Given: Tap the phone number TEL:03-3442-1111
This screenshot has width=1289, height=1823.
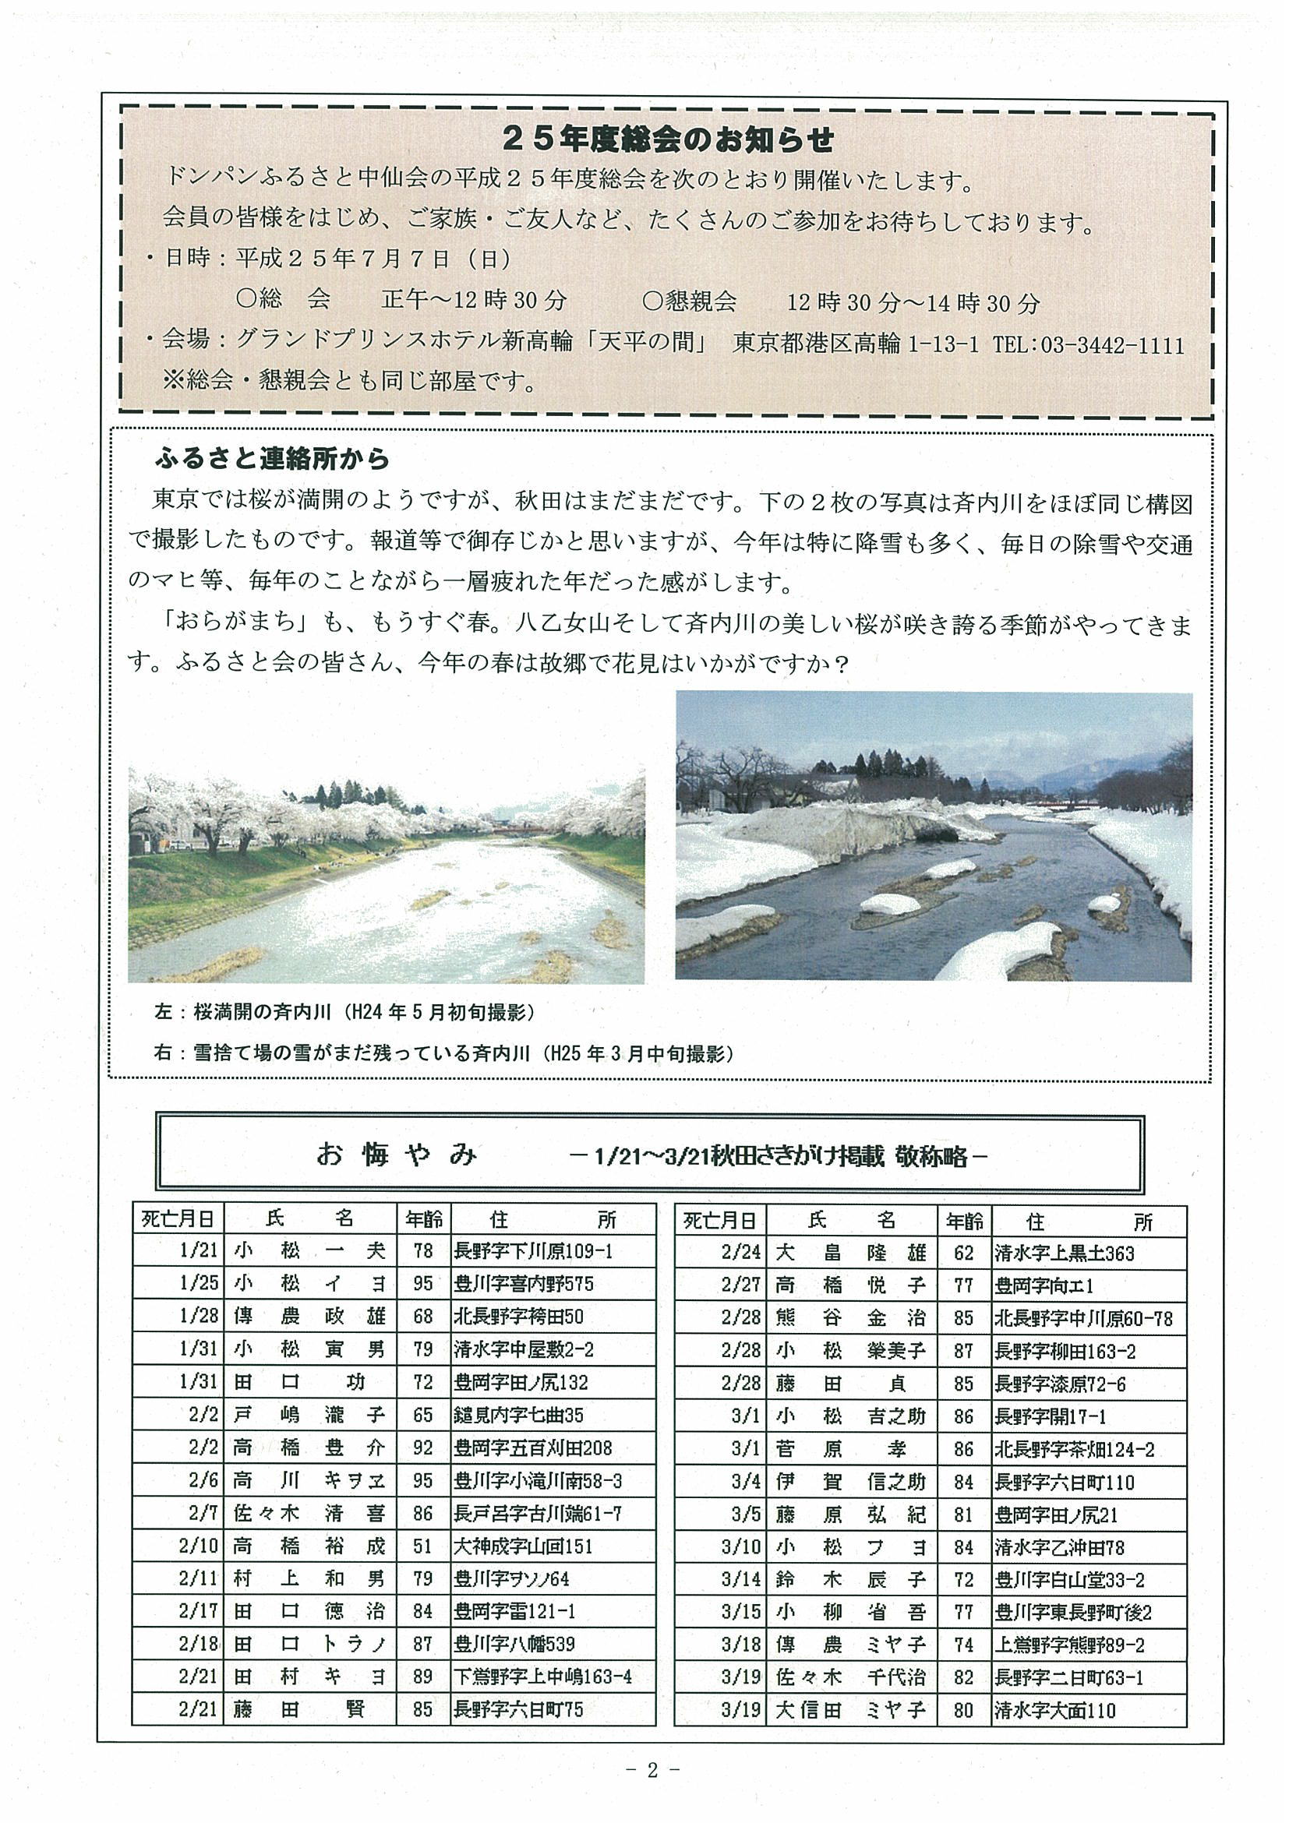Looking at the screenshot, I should (x=1088, y=345).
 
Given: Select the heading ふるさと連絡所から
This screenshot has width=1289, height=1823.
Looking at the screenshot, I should (x=273, y=459).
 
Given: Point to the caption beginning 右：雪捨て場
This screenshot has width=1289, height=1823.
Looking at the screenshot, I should (x=443, y=1053).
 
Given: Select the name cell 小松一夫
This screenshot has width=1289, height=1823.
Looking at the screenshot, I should (x=309, y=1251).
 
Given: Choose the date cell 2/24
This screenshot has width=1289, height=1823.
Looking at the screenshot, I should (x=741, y=1253).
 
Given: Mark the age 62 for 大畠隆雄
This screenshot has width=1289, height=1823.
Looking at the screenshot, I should (x=963, y=1253).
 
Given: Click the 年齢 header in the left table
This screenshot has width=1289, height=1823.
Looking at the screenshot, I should (x=422, y=1218).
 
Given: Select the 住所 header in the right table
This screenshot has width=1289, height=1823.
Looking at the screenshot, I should (x=1088, y=1221).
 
